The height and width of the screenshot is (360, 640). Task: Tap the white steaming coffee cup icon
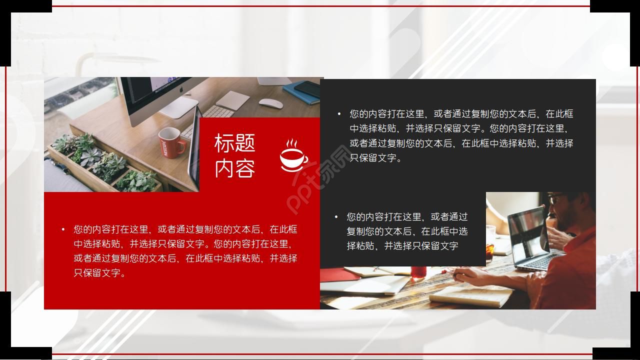pos(293,156)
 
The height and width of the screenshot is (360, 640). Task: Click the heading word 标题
pos(234,143)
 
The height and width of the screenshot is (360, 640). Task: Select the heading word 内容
pos(234,169)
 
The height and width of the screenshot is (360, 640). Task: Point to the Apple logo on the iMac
pos(181,90)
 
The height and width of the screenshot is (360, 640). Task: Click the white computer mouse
pos(270,103)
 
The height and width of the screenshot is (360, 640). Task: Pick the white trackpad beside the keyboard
pos(233,100)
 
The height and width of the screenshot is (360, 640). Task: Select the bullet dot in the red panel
pos(63,229)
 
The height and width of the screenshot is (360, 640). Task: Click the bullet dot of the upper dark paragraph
pos(339,114)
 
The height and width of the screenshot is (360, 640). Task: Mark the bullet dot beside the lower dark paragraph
pos(336,217)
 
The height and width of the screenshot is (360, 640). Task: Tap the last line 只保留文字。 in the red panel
pos(99,273)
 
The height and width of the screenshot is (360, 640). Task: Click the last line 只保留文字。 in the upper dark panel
pos(375,158)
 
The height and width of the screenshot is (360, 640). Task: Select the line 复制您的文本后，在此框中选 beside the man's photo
pos(407,231)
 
